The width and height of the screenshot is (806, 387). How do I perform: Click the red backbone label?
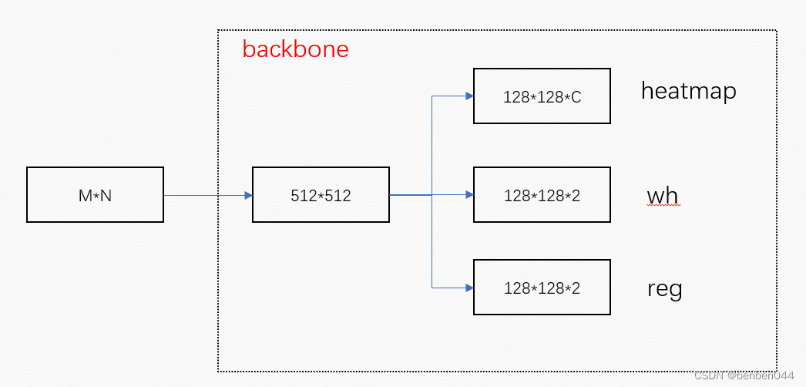pos(295,49)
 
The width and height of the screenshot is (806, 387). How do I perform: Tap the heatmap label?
pos(688,91)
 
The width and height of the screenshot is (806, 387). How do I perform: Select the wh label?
pos(662,196)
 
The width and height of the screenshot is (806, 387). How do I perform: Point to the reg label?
pos(664,289)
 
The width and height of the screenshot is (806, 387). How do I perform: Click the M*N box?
pos(95,195)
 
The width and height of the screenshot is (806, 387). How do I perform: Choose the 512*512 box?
pos(321,195)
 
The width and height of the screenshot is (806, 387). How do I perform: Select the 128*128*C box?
pos(542,96)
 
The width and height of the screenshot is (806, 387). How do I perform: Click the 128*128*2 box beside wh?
pos(542,195)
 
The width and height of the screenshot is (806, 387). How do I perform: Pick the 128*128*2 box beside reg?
pos(542,288)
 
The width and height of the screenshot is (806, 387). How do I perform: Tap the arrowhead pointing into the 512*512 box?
pos(248,195)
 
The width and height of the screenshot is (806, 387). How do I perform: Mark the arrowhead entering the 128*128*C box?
pos(468,96)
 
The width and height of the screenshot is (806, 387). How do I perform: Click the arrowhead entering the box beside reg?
pos(468,288)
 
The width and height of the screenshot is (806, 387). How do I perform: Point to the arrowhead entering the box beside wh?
pos(468,195)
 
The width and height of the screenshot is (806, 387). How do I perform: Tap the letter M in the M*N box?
pos(85,196)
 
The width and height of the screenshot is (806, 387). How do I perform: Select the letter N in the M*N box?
pos(106,196)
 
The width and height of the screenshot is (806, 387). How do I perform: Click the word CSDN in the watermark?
pos(707,375)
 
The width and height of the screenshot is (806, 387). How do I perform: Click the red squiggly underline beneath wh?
pos(662,207)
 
